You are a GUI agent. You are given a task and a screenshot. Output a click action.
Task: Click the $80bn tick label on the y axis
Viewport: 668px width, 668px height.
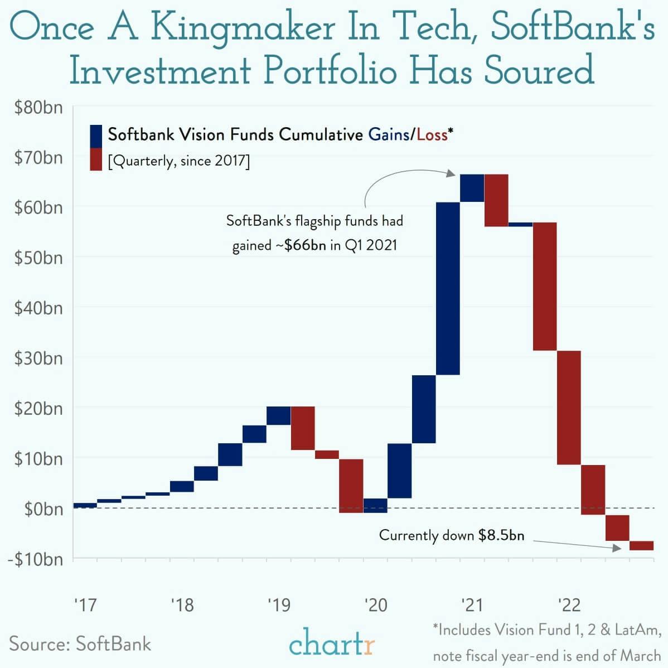point(38,107)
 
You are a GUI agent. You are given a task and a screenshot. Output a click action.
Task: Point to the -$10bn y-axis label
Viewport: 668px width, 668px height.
point(35,559)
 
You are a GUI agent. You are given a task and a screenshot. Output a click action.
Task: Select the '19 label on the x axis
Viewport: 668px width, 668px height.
point(279,604)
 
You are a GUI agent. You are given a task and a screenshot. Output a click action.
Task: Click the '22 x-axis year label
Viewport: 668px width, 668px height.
point(569,604)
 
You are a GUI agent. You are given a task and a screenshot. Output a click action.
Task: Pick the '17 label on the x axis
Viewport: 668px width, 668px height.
point(85,604)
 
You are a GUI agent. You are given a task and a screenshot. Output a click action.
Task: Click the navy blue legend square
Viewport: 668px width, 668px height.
point(95,135)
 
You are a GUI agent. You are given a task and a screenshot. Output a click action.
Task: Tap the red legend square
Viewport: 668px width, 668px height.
point(95,159)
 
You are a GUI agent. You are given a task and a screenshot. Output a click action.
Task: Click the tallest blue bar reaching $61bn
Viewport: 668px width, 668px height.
point(448,288)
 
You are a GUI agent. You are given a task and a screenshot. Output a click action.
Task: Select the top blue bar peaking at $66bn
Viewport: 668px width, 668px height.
point(472,188)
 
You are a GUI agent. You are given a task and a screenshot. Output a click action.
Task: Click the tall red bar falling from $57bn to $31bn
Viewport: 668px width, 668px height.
point(545,286)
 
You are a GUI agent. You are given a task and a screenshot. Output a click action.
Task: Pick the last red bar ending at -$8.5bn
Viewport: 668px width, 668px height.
point(641,545)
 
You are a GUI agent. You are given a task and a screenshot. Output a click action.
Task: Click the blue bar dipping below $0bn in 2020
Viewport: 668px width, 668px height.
point(375,505)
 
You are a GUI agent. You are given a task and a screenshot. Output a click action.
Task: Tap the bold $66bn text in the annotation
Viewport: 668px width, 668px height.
point(305,245)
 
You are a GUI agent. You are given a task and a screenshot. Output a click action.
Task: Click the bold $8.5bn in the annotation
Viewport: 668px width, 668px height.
point(501,535)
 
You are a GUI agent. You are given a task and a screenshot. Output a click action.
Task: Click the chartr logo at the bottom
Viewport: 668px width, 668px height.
point(332,643)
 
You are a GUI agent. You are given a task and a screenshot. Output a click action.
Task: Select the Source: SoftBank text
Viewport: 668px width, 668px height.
point(80,643)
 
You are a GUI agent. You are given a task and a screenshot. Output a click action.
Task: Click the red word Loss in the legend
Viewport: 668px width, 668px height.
point(432,134)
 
